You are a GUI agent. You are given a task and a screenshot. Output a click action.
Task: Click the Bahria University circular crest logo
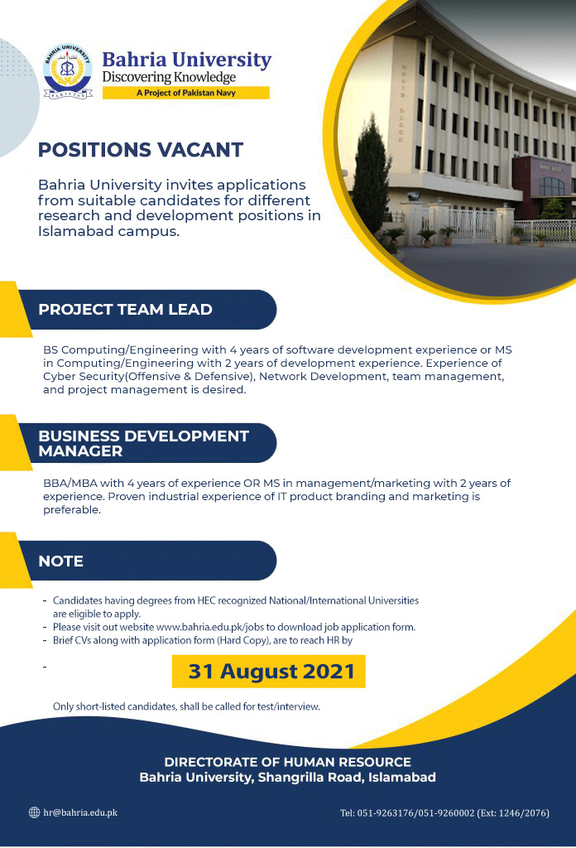[68, 71]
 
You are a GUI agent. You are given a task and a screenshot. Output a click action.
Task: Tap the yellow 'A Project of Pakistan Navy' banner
[186, 93]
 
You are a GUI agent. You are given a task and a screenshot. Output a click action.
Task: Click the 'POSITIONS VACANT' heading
[141, 150]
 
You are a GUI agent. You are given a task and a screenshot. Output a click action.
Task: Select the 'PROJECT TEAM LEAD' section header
[125, 310]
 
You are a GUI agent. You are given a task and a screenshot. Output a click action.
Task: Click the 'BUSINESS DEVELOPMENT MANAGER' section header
[144, 444]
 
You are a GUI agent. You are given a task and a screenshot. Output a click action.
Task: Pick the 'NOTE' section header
[61, 561]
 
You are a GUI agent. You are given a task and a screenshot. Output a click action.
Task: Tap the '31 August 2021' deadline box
[268, 671]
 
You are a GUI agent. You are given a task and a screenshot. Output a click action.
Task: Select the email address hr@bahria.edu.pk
[80, 812]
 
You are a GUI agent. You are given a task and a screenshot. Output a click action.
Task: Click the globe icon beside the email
[34, 812]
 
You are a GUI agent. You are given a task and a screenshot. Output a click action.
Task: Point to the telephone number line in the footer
[444, 813]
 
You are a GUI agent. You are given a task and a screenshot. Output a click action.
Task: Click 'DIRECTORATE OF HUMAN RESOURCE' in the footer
[287, 762]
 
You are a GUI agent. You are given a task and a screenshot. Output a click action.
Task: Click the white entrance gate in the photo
[473, 225]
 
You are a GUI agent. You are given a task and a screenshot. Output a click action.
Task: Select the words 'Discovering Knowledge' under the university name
[169, 77]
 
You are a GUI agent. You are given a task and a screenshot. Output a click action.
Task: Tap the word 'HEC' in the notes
[206, 600]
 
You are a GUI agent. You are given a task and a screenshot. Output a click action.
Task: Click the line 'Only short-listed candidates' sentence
[186, 706]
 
